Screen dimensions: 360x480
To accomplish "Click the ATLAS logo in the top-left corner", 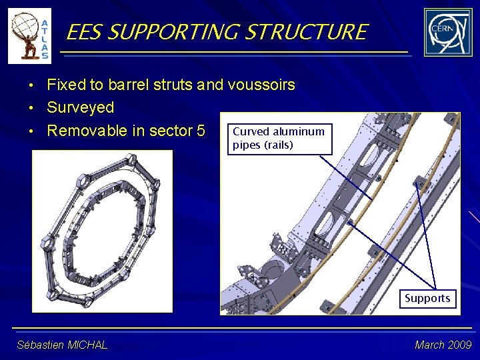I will (29, 35).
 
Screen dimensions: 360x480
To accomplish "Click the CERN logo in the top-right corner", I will (447, 32).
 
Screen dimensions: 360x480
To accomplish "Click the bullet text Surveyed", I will (80, 107).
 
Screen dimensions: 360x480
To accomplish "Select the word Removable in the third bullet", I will (86, 131).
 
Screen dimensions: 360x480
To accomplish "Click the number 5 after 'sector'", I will (200, 131).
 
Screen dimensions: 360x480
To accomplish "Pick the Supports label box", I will (427, 298).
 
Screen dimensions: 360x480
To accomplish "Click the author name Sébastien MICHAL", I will (62, 345).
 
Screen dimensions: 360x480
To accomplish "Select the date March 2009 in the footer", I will (443, 345).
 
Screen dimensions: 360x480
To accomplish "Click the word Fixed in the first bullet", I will (67, 85).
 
